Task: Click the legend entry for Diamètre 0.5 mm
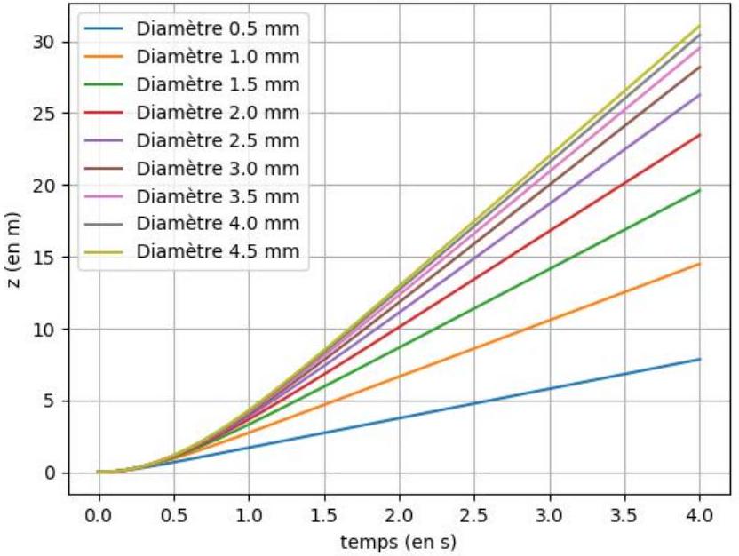pos(218,28)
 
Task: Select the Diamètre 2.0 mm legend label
pos(218,113)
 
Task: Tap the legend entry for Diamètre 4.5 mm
pos(218,251)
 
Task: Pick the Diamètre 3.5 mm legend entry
pos(218,196)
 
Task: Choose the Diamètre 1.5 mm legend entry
pos(218,84)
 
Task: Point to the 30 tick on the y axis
pos(44,43)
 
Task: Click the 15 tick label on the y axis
pos(44,258)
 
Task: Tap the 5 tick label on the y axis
pos(50,401)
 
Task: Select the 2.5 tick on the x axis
pos(474,516)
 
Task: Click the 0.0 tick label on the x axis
pos(99,516)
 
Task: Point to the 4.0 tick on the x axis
pos(699,516)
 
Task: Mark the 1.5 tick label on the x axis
pos(324,516)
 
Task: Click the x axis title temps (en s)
pos(399,543)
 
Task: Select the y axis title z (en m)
pos(13,250)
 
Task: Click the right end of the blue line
pos(700,360)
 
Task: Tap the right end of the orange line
pos(700,264)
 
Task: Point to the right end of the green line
pos(700,190)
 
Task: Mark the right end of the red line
pos(700,135)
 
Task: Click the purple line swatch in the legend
pos(104,140)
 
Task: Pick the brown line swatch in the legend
pos(104,168)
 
